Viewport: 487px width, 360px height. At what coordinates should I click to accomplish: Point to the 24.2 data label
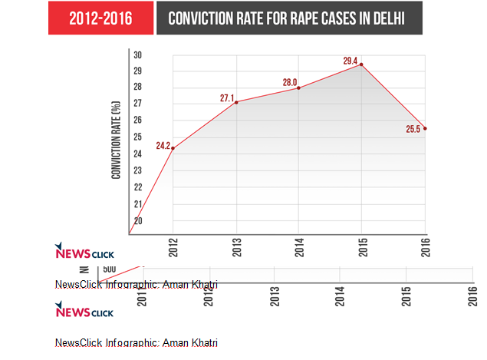tap(163, 144)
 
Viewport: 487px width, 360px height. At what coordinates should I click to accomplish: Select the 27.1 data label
tap(226, 97)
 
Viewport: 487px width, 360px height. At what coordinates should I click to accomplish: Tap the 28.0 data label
tap(289, 81)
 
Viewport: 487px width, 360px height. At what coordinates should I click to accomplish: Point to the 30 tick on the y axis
tap(138, 54)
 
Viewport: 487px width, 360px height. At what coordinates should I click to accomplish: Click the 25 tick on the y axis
tap(138, 137)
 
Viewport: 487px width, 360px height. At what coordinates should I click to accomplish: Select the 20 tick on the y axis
tap(138, 221)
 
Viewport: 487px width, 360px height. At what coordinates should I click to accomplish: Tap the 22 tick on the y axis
tap(138, 187)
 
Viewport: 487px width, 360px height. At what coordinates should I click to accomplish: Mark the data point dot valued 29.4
tap(361, 64)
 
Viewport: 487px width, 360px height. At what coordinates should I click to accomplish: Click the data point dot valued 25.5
tap(425, 128)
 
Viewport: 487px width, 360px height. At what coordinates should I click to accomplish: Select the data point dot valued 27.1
tap(236, 102)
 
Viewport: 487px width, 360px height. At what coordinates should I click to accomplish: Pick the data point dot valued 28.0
tap(298, 88)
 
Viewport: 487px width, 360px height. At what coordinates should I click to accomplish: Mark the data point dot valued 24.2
tap(173, 149)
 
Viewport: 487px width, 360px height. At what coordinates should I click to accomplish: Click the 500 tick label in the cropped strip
tap(109, 269)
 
